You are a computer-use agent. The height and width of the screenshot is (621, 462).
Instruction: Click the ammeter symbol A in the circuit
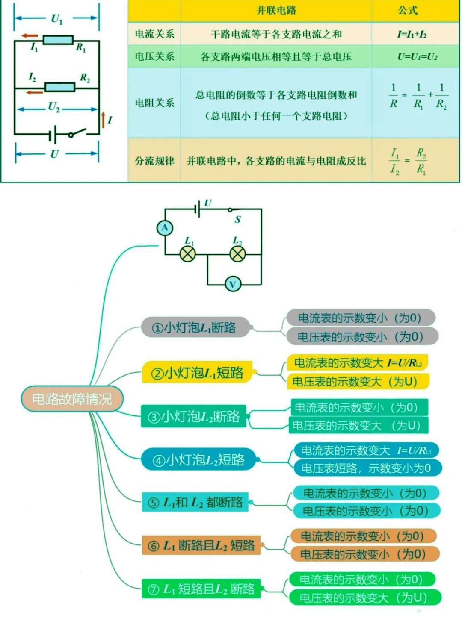click(x=165, y=228)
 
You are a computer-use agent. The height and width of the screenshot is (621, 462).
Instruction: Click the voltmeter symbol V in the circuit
click(x=233, y=284)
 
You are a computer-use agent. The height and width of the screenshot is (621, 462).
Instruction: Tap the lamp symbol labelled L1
click(x=187, y=254)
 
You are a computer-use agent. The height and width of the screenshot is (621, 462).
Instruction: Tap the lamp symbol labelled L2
click(x=238, y=254)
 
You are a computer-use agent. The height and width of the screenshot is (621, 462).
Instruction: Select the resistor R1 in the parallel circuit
click(x=59, y=40)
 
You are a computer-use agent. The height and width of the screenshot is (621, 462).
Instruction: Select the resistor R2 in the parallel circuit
click(x=60, y=87)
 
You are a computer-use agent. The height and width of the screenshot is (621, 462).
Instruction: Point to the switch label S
click(x=237, y=220)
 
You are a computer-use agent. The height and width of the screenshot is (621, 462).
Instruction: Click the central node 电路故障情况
click(x=72, y=399)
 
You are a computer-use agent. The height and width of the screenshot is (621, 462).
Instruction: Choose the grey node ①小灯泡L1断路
click(x=195, y=328)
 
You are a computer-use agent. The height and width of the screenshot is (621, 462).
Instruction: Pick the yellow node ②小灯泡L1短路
click(x=197, y=373)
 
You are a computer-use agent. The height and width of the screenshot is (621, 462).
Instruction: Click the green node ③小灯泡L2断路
click(x=194, y=416)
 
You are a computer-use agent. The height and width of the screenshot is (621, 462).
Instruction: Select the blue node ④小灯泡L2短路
click(x=198, y=460)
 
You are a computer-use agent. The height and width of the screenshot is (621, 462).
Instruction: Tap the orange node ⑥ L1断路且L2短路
click(x=201, y=546)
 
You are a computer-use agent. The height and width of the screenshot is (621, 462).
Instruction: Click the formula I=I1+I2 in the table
click(x=412, y=34)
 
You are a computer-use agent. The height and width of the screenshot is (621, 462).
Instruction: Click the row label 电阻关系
click(x=154, y=103)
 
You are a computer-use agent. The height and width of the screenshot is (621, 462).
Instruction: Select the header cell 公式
click(x=408, y=11)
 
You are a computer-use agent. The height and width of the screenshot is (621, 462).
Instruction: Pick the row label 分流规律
click(x=154, y=161)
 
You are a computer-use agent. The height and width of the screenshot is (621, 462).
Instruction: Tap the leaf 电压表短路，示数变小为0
click(x=366, y=468)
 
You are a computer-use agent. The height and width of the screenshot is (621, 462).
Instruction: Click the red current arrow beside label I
click(x=103, y=120)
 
